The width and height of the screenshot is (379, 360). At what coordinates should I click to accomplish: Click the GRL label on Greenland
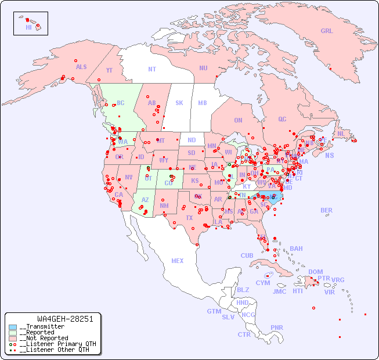pos(327,31)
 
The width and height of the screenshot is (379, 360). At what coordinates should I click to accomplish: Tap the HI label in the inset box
pos(28,27)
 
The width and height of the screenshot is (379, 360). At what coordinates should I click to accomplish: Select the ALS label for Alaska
pos(81,67)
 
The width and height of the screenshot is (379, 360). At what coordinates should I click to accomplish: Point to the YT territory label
pos(109,70)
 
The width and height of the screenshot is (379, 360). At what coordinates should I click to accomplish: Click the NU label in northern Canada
pos(203,68)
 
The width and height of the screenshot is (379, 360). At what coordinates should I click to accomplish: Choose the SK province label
pos(179,103)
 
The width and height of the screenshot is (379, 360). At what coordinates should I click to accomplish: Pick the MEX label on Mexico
pos(178,261)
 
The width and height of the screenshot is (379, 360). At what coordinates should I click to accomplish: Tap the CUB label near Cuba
pos(247,255)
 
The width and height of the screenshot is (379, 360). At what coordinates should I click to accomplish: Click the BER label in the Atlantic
pos(327,210)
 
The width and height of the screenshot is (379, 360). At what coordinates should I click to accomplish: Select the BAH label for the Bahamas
pos(296,249)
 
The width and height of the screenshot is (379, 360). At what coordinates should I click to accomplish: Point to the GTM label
pos(214,311)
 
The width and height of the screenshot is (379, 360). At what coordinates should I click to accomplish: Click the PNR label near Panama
pos(277,327)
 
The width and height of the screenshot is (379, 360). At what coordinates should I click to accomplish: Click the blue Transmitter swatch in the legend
pos(12,327)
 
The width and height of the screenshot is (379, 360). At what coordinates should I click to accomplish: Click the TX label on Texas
pos(189,218)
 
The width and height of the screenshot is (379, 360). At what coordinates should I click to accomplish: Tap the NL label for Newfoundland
pos(341,133)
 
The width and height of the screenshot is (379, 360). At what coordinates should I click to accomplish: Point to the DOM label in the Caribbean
pos(315,272)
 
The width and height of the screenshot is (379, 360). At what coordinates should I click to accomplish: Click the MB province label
pos(203,103)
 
